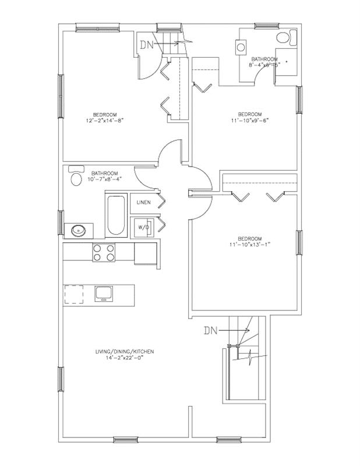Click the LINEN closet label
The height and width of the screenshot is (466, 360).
[144, 202]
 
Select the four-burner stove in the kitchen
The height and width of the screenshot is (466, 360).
[103, 252]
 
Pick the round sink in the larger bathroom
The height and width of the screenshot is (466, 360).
[79, 231]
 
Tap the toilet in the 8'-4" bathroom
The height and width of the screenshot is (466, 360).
[283, 38]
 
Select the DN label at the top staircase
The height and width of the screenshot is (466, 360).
[146, 45]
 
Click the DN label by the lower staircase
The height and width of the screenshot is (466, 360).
[211, 331]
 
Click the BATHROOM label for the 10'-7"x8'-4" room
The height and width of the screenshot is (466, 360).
[105, 173]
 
